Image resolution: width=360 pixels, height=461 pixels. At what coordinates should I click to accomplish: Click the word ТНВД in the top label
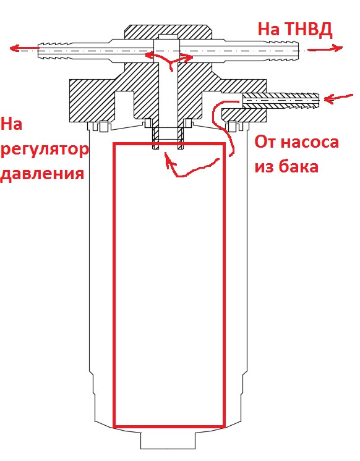tap(309, 30)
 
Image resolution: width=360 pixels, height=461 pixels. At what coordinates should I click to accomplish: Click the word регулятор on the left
tap(45, 151)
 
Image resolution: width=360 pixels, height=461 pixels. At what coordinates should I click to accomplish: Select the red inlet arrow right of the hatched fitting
tap(338, 98)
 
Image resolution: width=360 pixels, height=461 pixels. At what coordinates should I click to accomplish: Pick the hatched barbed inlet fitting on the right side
tap(281, 100)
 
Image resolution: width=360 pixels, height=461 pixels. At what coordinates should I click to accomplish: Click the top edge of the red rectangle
tap(169, 144)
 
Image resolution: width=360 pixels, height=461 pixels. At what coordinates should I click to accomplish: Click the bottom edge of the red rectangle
tap(169, 426)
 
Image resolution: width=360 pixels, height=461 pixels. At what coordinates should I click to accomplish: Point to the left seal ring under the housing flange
tap(103, 127)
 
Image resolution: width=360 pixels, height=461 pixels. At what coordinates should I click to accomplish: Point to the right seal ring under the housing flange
tap(233, 127)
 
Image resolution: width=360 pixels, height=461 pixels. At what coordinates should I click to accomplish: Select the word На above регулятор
tap(12, 124)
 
